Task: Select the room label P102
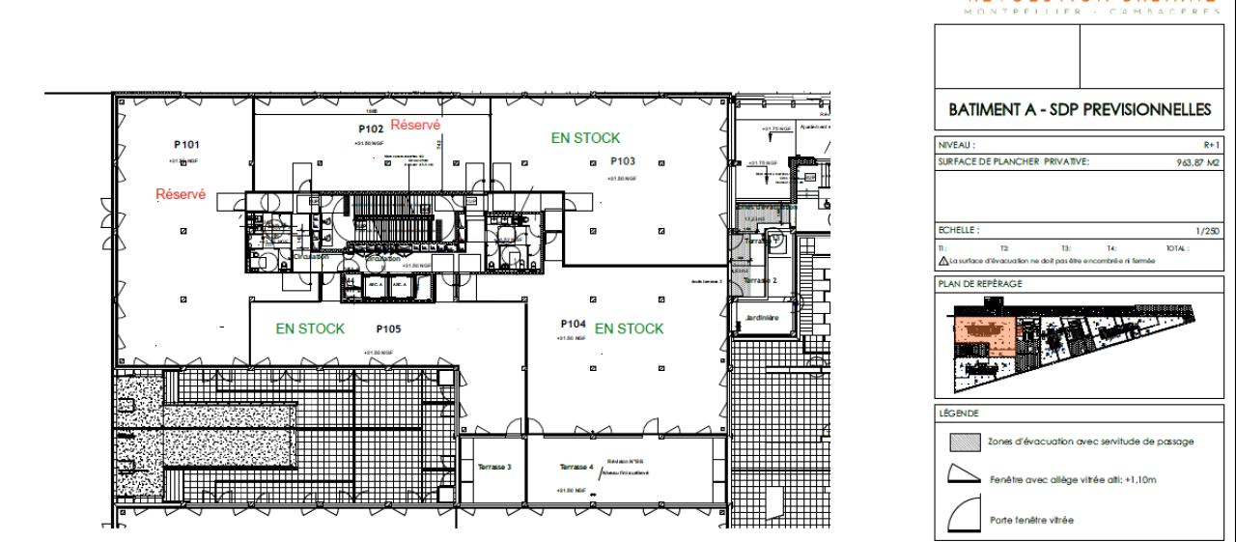click(x=372, y=128)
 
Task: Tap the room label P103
click(x=623, y=161)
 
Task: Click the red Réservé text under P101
click(x=182, y=194)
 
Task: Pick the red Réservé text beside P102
click(x=416, y=125)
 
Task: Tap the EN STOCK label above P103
click(x=585, y=138)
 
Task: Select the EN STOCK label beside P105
click(x=310, y=328)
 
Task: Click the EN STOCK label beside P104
click(x=630, y=328)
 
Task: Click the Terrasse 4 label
click(x=576, y=468)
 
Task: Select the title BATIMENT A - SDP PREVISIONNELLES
click(x=1080, y=111)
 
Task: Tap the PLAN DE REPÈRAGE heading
click(x=979, y=283)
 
